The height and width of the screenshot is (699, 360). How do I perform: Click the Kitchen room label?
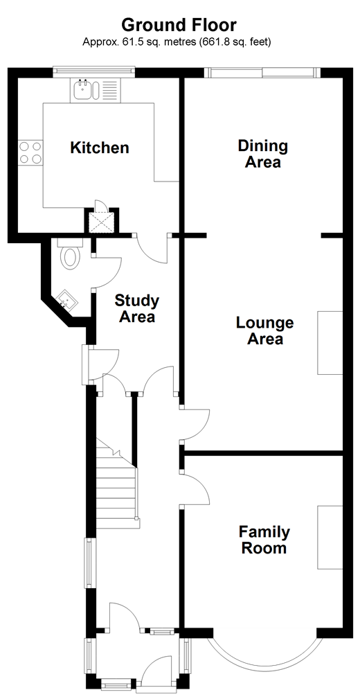(100, 148)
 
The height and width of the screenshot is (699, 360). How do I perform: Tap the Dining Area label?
(263, 153)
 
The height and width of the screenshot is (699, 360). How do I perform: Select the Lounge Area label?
(264, 330)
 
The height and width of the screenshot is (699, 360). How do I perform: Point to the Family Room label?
(264, 540)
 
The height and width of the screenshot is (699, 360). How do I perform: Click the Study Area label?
(137, 308)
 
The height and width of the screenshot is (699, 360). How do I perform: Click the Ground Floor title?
(179, 26)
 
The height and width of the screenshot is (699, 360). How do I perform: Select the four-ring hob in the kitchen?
(30, 152)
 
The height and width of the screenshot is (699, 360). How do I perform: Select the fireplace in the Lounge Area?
(330, 342)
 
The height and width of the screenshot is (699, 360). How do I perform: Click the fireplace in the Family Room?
(330, 537)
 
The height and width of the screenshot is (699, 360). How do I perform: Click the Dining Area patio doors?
(262, 72)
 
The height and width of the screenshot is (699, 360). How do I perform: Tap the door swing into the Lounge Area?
(195, 424)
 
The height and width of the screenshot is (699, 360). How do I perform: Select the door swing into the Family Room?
(195, 488)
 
